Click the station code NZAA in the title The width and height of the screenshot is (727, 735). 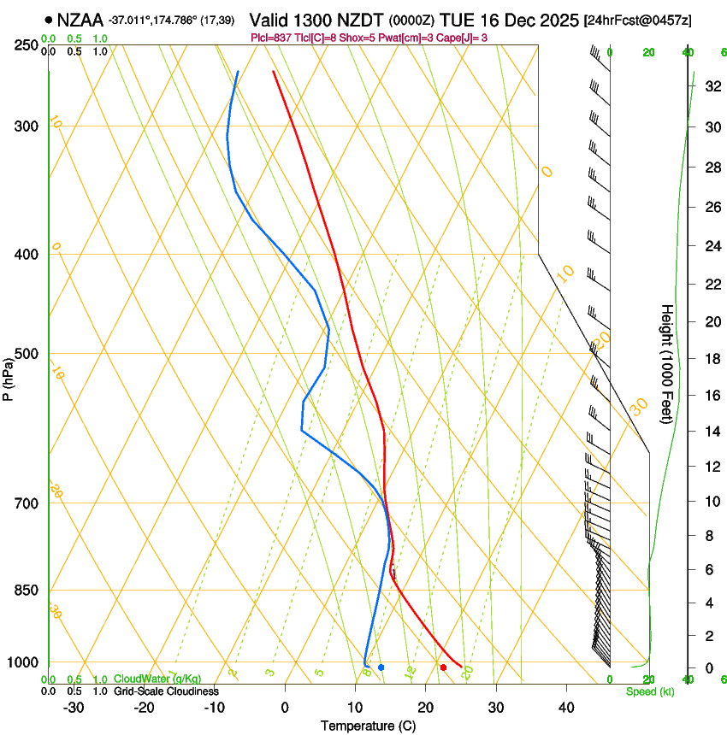point(80,20)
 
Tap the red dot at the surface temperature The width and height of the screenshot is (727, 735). point(443,667)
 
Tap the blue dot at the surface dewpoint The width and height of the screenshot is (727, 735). point(381,667)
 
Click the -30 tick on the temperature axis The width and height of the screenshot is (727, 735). point(73,708)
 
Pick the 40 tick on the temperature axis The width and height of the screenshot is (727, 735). point(565,708)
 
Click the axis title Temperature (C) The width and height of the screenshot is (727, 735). point(368,726)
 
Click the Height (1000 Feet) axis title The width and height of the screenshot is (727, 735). point(668,363)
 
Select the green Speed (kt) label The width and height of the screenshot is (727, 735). point(649,691)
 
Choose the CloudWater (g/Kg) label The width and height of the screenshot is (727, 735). point(157,679)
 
